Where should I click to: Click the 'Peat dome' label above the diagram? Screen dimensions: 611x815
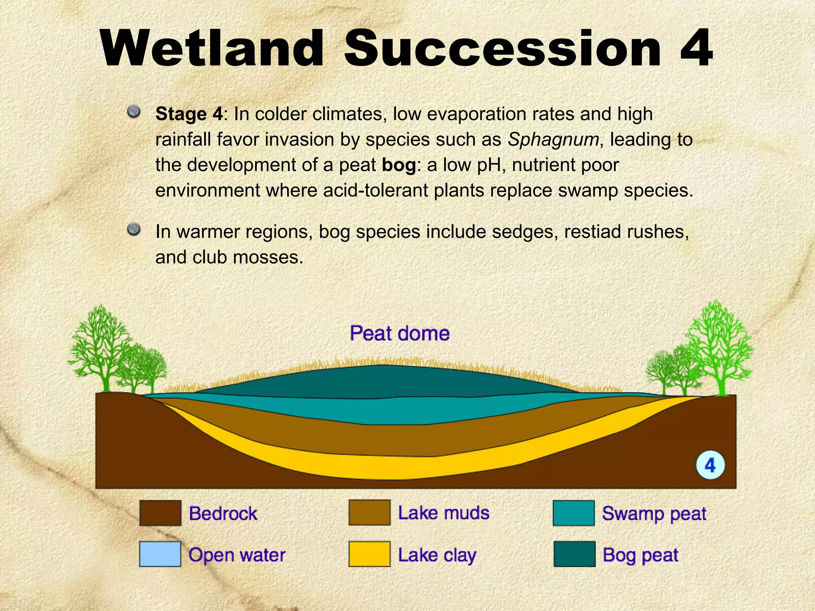[x=400, y=333]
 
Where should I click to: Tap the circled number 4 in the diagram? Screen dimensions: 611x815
[x=710, y=465]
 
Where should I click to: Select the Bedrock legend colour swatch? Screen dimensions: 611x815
[x=160, y=513]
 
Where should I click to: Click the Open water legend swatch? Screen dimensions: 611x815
[x=160, y=554]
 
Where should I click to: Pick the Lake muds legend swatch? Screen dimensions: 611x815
[x=369, y=513]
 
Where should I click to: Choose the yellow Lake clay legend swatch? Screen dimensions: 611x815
[x=369, y=554]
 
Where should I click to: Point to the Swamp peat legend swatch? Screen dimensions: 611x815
[x=574, y=513]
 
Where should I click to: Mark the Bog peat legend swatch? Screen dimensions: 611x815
[x=574, y=554]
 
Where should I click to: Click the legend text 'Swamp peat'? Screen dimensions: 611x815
[x=654, y=514]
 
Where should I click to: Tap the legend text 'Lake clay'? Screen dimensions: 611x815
[x=437, y=555]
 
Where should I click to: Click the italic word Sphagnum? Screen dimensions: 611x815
[x=553, y=140]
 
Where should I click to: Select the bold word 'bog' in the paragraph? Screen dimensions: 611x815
[x=399, y=165]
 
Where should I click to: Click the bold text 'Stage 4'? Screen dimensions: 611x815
[x=189, y=114]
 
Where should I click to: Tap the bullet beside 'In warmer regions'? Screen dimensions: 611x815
[x=134, y=229]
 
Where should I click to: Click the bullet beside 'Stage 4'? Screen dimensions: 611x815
[x=134, y=111]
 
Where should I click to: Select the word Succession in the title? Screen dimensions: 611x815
[x=502, y=49]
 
